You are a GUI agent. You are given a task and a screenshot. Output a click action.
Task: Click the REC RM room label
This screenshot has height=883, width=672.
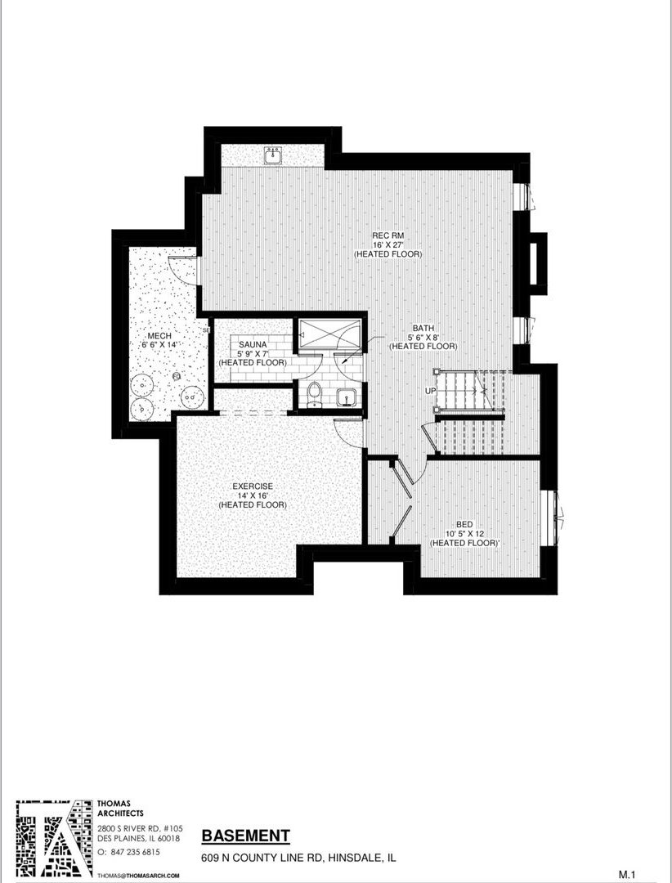click(388, 235)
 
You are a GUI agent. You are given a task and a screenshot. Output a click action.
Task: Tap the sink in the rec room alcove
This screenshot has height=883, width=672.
click(274, 156)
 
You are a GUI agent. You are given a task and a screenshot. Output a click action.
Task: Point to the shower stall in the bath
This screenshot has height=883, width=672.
click(329, 334)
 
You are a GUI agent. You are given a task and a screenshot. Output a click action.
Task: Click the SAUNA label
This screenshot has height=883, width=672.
click(253, 345)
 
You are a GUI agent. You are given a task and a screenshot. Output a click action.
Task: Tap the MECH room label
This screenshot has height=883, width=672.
click(159, 336)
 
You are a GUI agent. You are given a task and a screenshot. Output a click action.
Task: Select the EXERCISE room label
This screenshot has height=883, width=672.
click(253, 486)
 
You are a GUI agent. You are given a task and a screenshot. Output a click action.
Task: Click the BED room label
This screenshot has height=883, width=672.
click(464, 524)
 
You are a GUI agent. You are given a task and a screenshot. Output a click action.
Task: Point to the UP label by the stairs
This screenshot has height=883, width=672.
click(431, 390)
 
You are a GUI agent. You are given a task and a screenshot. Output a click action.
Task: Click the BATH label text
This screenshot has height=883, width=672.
click(423, 328)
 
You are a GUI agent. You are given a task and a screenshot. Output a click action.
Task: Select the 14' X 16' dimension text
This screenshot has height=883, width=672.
click(253, 495)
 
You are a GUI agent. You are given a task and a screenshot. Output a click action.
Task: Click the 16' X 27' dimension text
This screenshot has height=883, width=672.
click(388, 245)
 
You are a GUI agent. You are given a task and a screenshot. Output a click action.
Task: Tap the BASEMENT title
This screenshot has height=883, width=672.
click(245, 836)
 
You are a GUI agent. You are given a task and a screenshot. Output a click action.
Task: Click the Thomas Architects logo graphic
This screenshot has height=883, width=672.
click(53, 839)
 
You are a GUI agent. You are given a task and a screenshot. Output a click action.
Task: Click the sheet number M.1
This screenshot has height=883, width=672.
click(627, 875)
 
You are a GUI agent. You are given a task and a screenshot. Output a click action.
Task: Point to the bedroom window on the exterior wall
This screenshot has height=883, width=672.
click(555, 510)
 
